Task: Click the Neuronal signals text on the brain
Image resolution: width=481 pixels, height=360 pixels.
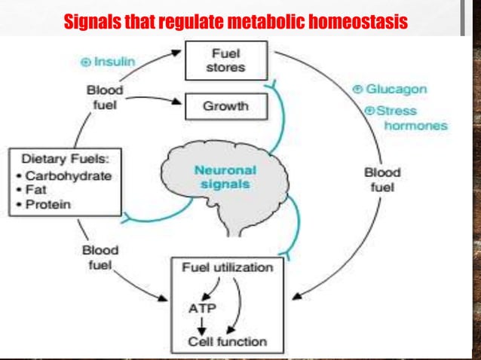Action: pos(224,178)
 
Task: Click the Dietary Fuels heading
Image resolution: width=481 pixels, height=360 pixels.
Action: pos(61,160)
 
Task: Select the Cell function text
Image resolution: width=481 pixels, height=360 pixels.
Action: pos(227,341)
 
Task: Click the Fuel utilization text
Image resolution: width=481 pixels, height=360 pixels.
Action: pos(228,268)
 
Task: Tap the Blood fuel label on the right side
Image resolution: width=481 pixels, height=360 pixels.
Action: pos(382,179)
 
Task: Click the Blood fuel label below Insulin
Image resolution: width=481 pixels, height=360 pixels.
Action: pos(104,97)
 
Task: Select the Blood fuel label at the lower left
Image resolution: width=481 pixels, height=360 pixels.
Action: pos(100,257)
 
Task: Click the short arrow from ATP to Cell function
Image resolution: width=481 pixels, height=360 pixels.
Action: pos(201,324)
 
